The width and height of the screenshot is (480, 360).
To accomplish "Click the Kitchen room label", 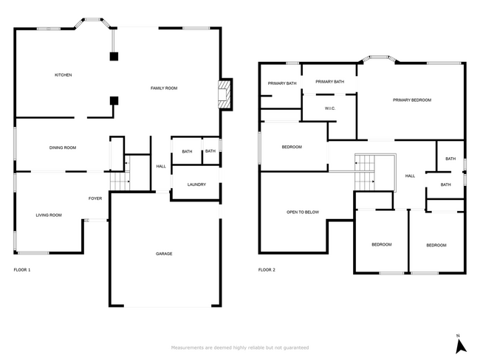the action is click(x=63, y=75).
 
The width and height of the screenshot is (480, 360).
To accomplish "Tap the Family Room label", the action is click(x=164, y=88).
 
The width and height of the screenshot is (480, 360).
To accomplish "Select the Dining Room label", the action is click(x=63, y=148).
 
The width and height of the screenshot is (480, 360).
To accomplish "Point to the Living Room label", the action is click(x=49, y=215).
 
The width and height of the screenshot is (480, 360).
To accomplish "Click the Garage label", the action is click(x=164, y=254).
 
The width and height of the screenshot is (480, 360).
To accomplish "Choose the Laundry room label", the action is click(x=196, y=184).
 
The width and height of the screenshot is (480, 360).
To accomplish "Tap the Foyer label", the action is click(x=95, y=198).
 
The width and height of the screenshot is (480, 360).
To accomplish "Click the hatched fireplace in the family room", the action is click(x=224, y=94).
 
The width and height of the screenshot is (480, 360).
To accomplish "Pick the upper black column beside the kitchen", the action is click(x=114, y=56).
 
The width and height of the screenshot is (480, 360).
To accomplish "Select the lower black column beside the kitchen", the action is click(x=114, y=100).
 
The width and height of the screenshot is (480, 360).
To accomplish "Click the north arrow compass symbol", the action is click(x=460, y=347).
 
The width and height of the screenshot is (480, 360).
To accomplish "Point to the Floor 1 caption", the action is click(x=22, y=270).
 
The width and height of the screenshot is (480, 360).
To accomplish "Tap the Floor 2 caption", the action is click(x=267, y=270).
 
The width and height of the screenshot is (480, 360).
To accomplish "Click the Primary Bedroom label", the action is click(x=412, y=100).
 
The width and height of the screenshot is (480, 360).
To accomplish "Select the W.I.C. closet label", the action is click(x=330, y=108).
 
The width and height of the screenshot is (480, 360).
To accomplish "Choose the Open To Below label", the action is click(x=303, y=212).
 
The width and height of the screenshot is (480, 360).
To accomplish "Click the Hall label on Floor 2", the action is click(x=410, y=176).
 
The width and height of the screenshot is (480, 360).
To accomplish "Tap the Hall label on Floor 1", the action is click(x=161, y=167).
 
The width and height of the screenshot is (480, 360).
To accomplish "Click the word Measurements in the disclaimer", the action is click(x=187, y=347).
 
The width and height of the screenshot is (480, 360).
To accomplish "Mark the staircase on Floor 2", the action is click(x=365, y=173).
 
